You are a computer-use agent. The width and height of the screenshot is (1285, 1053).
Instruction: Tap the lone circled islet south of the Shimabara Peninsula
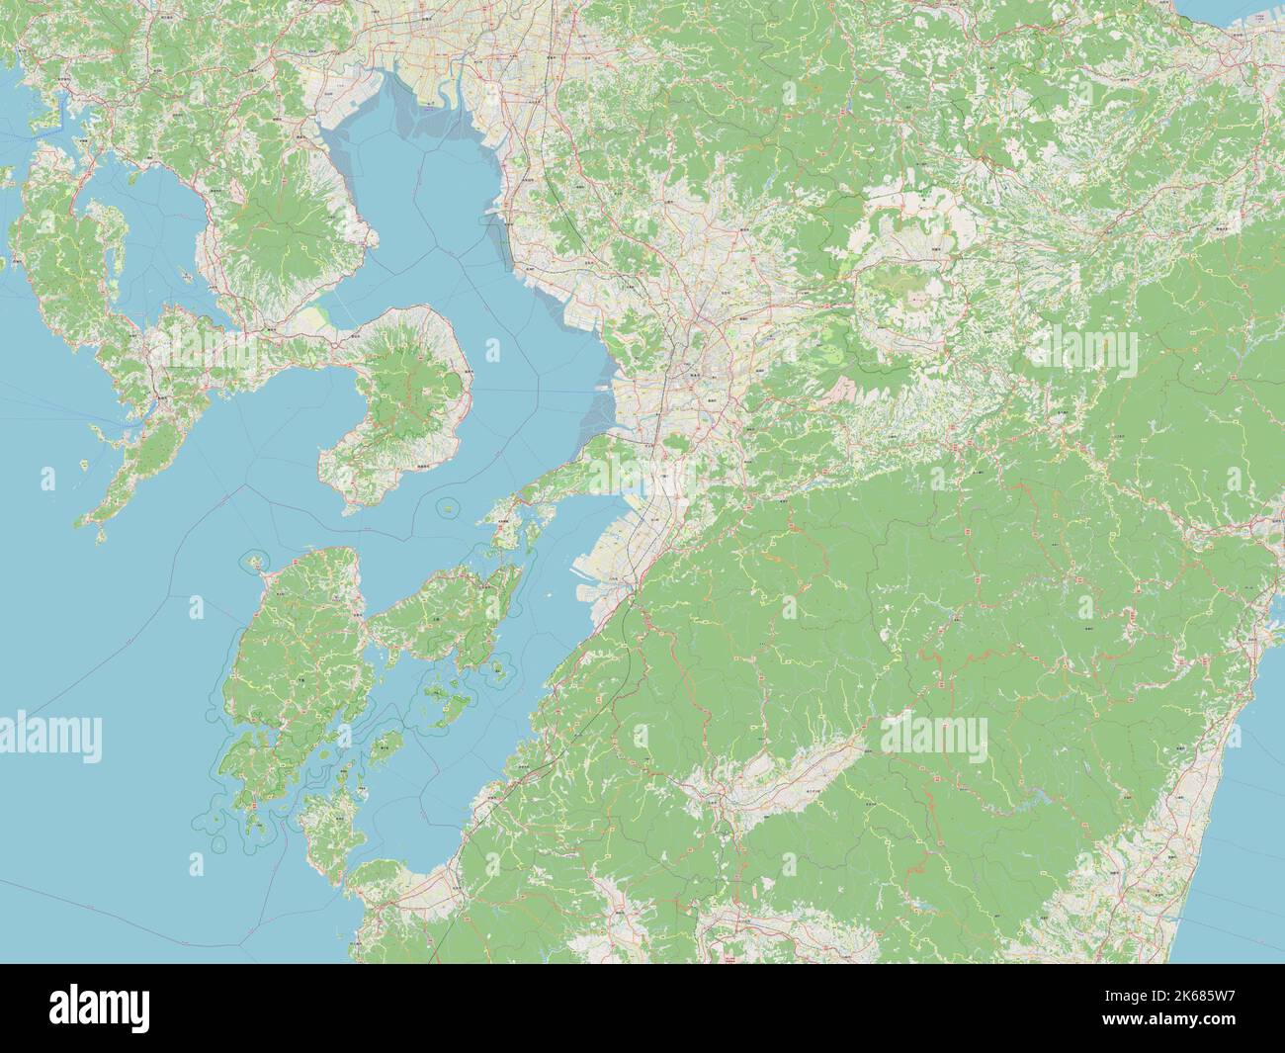coord(449,507)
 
